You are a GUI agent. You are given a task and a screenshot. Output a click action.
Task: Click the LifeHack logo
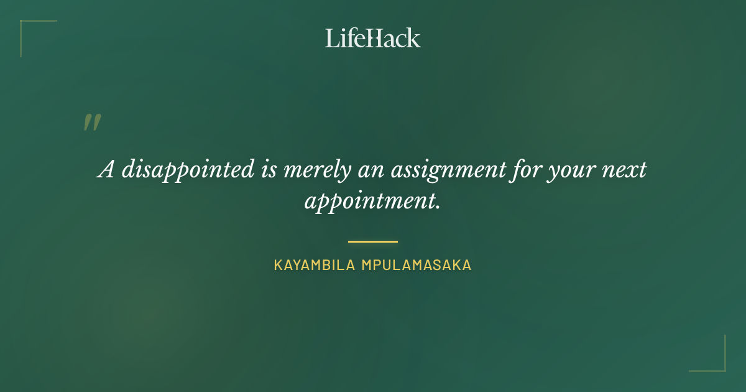(373, 38)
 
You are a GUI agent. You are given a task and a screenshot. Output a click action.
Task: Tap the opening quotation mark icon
(91, 123)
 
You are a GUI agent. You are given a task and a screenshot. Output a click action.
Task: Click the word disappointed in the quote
(188, 170)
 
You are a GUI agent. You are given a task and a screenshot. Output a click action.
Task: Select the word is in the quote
(268, 170)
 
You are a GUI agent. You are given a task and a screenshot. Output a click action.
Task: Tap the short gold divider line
(373, 241)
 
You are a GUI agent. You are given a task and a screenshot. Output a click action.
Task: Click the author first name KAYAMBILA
(314, 265)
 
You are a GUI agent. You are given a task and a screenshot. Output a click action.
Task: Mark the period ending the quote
(438, 207)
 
